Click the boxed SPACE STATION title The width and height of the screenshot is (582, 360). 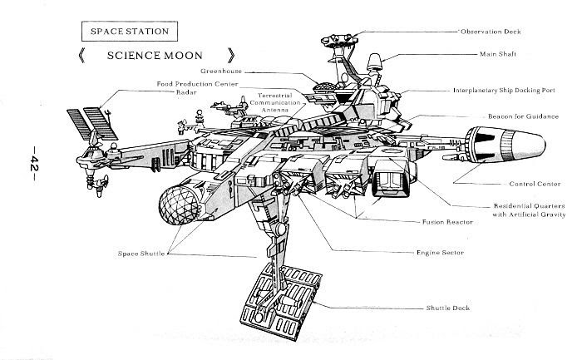coord(129,32)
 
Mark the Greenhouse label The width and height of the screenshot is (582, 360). coord(222,72)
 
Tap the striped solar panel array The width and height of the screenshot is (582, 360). coord(89,125)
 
